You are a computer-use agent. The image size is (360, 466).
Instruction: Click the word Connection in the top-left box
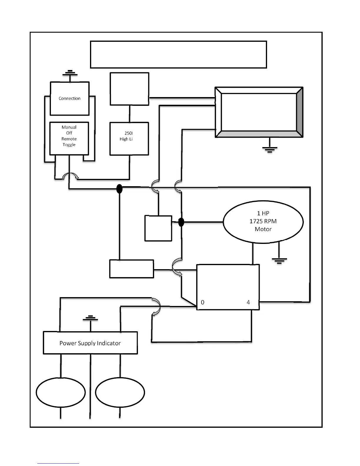pyautogui.click(x=69, y=99)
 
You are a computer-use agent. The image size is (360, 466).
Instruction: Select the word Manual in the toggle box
pyautogui.click(x=69, y=127)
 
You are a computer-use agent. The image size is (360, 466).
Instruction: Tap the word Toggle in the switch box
pyautogui.click(x=69, y=145)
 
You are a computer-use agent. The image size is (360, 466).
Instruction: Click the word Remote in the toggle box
pyautogui.click(x=69, y=139)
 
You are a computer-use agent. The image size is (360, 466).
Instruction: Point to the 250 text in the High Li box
pyautogui.click(x=129, y=133)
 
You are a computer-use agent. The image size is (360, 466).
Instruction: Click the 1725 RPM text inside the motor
pyautogui.click(x=263, y=221)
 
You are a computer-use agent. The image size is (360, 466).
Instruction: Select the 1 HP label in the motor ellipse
pyautogui.click(x=263, y=213)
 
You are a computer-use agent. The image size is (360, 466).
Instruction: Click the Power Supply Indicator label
pyautogui.click(x=90, y=343)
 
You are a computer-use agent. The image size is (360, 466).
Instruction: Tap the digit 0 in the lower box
pyautogui.click(x=203, y=302)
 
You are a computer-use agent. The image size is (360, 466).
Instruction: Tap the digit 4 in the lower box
pyautogui.click(x=248, y=302)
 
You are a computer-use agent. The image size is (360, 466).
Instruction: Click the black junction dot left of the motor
pyautogui.click(x=181, y=222)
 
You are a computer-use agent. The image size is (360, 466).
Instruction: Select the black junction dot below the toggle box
pyautogui.click(x=119, y=189)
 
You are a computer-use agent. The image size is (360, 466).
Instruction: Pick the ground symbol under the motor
pyautogui.click(x=279, y=261)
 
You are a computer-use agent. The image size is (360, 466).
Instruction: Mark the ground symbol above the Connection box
pyautogui.click(x=70, y=73)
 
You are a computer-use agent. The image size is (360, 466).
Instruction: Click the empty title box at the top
pyautogui.click(x=178, y=55)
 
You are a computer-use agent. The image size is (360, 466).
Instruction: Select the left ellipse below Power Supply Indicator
pyautogui.click(x=61, y=393)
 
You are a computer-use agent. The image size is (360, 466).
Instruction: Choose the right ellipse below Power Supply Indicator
pyautogui.click(x=120, y=393)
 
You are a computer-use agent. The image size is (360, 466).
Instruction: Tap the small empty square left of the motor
pyautogui.click(x=158, y=228)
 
